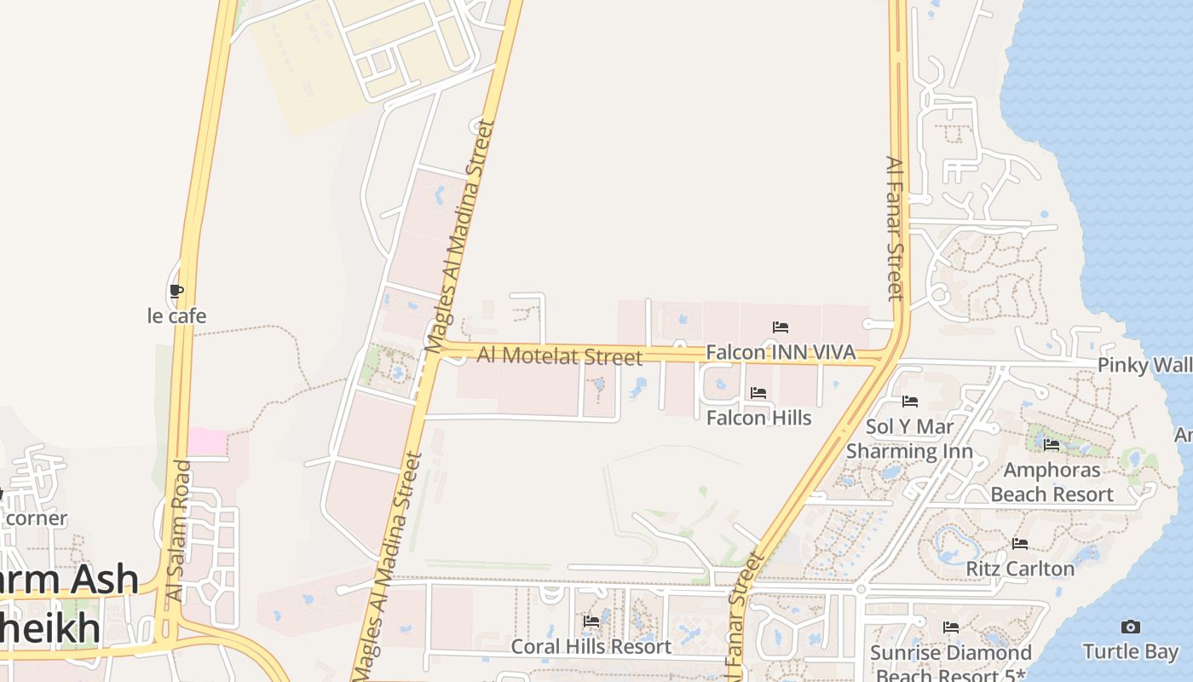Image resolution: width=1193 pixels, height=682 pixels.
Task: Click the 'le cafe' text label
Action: [x=176, y=316]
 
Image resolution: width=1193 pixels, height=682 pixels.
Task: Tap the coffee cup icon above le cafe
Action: [x=176, y=292]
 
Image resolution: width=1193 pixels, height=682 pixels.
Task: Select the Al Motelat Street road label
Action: [x=559, y=355]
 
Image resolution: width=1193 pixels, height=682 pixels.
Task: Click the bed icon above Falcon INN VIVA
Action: [x=780, y=327]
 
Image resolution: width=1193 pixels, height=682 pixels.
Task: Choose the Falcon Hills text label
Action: [x=758, y=419]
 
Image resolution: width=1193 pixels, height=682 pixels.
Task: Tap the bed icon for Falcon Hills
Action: [x=758, y=393]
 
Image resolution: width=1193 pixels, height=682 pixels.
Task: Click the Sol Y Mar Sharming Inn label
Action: [x=909, y=439]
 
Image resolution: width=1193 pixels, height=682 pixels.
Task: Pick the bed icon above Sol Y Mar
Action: [x=909, y=402]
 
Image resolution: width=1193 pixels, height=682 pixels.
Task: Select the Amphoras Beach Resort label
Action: [x=1052, y=482]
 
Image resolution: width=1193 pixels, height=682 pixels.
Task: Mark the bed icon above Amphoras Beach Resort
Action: [x=1052, y=445]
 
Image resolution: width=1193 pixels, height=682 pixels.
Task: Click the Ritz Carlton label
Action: [x=1020, y=569]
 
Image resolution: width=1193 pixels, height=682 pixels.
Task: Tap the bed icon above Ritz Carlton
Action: [x=1020, y=544]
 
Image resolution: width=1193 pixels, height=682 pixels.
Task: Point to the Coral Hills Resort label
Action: [x=591, y=647]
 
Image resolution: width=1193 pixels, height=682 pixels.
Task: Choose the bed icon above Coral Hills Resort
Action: [x=591, y=622]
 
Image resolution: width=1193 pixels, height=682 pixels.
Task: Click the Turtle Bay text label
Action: [x=1130, y=652]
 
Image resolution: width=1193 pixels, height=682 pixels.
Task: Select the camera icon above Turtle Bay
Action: [x=1130, y=627]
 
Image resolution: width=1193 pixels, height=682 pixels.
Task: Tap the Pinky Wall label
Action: [x=1144, y=366]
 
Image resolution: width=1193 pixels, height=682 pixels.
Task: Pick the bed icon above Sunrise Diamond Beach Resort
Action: [x=951, y=628]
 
